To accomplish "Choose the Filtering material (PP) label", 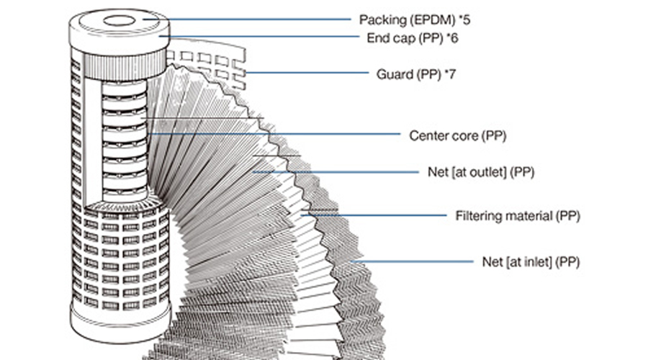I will (518, 215).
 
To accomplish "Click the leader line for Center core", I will (288, 134).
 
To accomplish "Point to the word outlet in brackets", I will (486, 173).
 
